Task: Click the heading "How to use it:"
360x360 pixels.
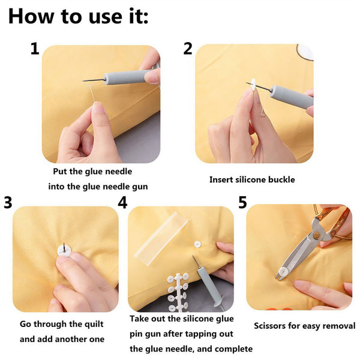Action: click(78, 16)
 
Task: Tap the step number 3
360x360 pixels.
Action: click(8, 203)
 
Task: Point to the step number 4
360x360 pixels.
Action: click(122, 203)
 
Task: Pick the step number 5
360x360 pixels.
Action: click(242, 203)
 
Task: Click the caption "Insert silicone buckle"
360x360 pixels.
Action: click(252, 179)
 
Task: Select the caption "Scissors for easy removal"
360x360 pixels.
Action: click(304, 326)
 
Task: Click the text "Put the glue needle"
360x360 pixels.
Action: click(93, 172)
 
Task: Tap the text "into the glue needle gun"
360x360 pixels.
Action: click(98, 187)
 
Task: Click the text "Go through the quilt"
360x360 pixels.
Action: click(61, 324)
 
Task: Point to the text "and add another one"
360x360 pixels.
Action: click(62, 339)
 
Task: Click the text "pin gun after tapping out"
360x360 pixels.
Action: click(182, 334)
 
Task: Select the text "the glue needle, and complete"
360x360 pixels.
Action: click(191, 349)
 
